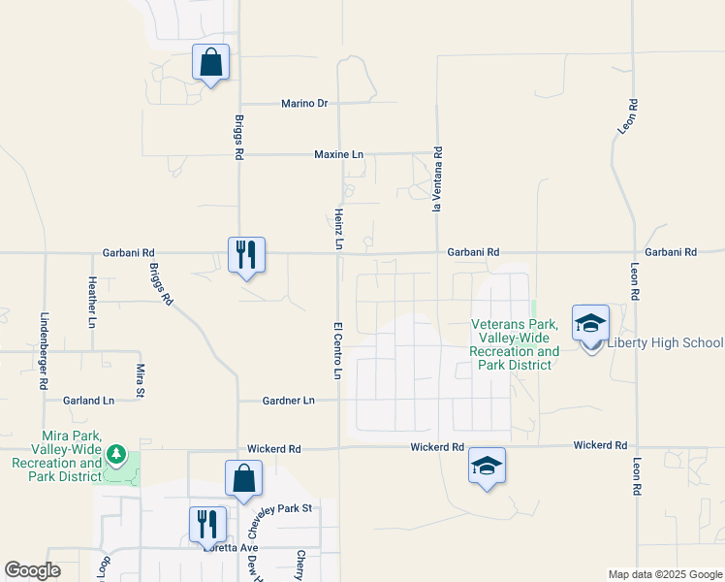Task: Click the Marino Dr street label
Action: coord(305,103)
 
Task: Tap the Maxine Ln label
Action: coord(338,154)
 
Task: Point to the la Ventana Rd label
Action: coord(438,179)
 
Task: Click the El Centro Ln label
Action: coord(338,350)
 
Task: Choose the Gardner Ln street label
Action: coord(289,400)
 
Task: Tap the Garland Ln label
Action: coord(87,400)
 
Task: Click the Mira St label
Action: coord(141,380)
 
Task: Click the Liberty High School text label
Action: coord(665,342)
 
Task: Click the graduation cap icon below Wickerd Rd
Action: coord(487,466)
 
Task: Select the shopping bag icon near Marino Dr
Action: coord(210,63)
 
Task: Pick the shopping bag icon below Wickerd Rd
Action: coord(243,478)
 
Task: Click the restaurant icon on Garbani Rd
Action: coord(246,255)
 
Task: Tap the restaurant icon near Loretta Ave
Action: coord(207,525)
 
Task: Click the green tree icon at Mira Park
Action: coord(116,454)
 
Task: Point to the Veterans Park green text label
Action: coord(515,344)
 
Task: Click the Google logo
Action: coord(33,570)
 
